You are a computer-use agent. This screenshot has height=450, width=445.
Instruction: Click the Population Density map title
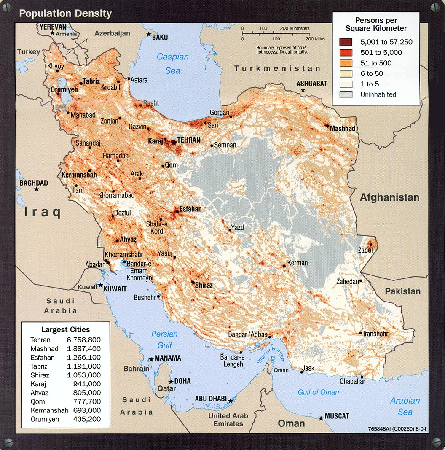pyautogui.click(x=65, y=13)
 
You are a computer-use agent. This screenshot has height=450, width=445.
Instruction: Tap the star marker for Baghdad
pyautogui.click(x=37, y=190)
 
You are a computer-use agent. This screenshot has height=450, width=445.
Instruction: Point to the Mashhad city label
pyautogui.click(x=343, y=129)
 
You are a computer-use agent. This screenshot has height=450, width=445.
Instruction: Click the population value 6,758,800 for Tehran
pyautogui.click(x=83, y=340)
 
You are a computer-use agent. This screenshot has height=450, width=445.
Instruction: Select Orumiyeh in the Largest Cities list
pyautogui.click(x=45, y=419)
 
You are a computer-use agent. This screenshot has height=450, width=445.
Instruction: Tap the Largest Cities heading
pyautogui.click(x=65, y=329)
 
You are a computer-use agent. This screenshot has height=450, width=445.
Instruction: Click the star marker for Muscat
pyautogui.click(x=321, y=418)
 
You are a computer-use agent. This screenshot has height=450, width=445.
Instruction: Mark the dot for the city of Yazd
pyautogui.click(x=229, y=230)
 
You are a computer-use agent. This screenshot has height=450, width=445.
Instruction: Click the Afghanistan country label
pyautogui.click(x=389, y=197)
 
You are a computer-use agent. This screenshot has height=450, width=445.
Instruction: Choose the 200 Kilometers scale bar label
pyautogui.click(x=295, y=28)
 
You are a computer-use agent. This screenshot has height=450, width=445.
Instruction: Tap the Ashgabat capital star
pyautogui.click(x=303, y=90)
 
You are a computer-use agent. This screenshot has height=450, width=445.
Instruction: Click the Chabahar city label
pyautogui.click(x=352, y=381)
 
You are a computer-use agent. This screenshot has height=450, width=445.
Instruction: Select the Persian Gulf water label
pyautogui.click(x=164, y=340)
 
